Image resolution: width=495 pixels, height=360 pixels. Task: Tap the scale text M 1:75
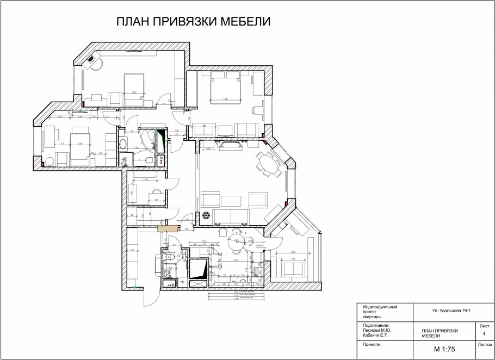pyautogui.click(x=444, y=349)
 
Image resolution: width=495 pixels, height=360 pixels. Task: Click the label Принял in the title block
pyautogui.click(x=373, y=345)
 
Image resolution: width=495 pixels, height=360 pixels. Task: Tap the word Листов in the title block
pyautogui.click(x=484, y=345)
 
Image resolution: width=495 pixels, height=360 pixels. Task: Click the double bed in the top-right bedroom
pyautogui.click(x=225, y=89)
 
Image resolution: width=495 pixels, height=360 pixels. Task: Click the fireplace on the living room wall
pyautogui.click(x=229, y=144)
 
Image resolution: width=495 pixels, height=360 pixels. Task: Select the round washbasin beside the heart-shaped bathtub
pyautogui.click(x=124, y=144)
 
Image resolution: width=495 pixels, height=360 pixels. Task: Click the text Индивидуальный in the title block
pyautogui.click(x=380, y=307)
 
